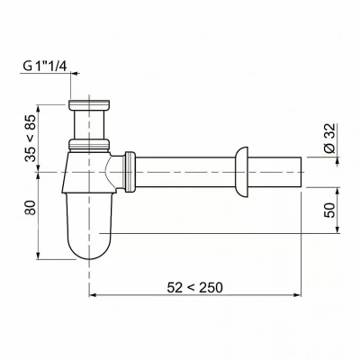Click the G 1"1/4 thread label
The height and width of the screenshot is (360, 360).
click(45, 67)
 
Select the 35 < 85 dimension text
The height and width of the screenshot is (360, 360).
click(31, 139)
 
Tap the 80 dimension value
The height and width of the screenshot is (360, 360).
click(31, 207)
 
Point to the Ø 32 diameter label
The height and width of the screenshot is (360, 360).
click(329, 139)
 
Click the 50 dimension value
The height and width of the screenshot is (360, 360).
click(329, 210)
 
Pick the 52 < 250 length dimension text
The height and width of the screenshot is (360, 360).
click(195, 288)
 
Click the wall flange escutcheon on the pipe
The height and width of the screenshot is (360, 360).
click(242, 172)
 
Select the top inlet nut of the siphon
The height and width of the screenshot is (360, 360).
click(89, 104)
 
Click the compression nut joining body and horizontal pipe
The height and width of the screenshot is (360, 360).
click(130, 172)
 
